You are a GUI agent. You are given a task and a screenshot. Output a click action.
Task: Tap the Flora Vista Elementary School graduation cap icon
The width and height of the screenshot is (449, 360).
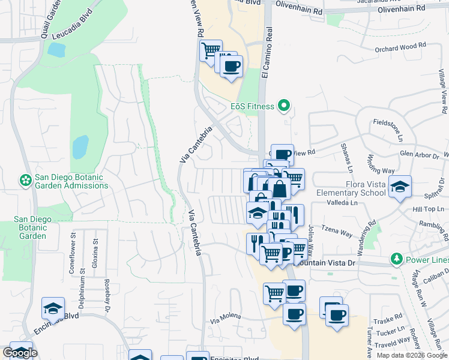coord(400,187)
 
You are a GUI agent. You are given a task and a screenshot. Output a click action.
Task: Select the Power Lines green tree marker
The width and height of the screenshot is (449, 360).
coord(396,259)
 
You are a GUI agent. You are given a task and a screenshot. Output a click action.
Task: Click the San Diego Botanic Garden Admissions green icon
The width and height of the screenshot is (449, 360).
coord(25,179)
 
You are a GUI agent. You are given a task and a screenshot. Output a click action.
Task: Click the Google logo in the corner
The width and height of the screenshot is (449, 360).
coord(20,353)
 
